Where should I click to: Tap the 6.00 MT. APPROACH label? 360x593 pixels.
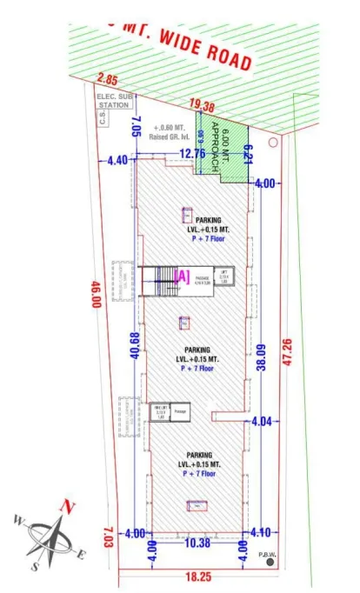[223, 148]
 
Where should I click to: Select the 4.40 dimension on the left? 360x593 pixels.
[117, 160]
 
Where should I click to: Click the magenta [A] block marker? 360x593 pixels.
[183, 276]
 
